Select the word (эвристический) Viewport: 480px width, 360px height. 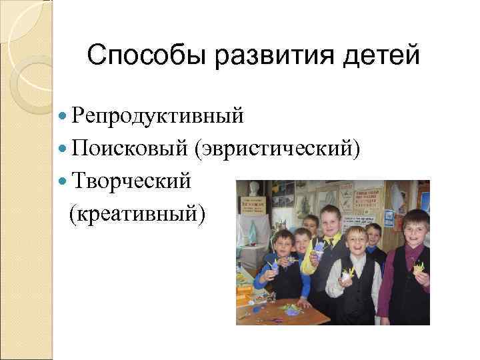(278, 149)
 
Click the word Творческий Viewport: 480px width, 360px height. (133, 181)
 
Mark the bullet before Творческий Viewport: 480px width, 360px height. (63, 181)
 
